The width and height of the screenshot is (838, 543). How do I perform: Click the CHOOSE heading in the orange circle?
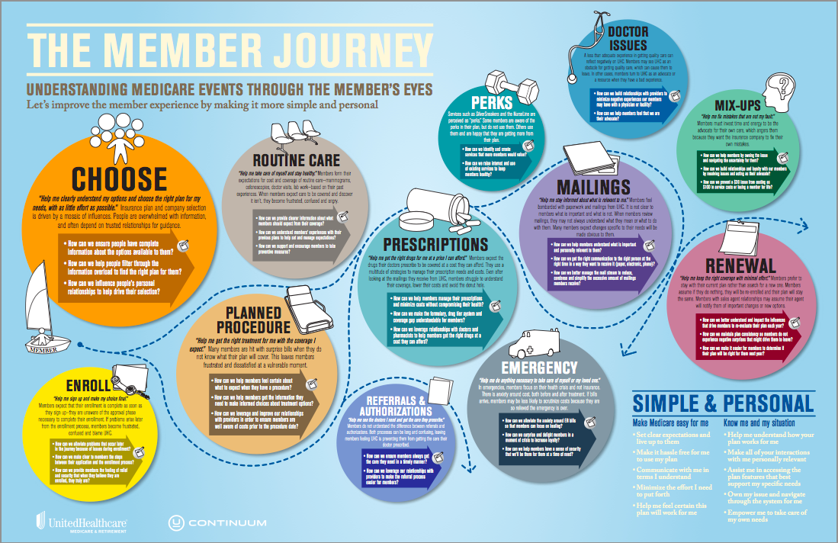119,178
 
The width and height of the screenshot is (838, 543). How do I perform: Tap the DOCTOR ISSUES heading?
628,38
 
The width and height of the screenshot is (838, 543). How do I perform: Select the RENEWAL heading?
740,265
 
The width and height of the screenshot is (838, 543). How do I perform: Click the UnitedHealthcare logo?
82,522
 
